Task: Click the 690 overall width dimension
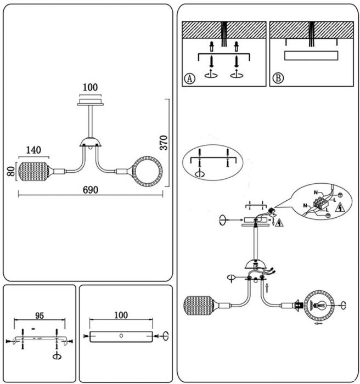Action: (x=91, y=190)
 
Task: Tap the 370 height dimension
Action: (x=164, y=143)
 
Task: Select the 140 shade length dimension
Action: (x=33, y=150)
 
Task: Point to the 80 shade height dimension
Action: (x=11, y=171)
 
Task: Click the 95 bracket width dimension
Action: (x=40, y=315)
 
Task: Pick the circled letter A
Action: (x=189, y=78)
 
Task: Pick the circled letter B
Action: (x=278, y=78)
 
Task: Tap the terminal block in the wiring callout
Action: (x=320, y=202)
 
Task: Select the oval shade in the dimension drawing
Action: (x=34, y=171)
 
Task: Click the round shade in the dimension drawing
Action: (x=147, y=171)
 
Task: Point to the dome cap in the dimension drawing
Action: (x=91, y=142)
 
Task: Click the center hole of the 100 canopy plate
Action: (x=121, y=336)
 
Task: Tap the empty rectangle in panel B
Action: (x=311, y=55)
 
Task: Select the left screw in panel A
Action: (x=211, y=61)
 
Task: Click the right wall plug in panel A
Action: (x=236, y=47)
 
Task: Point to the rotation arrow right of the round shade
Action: (x=344, y=306)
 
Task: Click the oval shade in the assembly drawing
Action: (x=199, y=306)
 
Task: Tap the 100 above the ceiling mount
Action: (x=90, y=87)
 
